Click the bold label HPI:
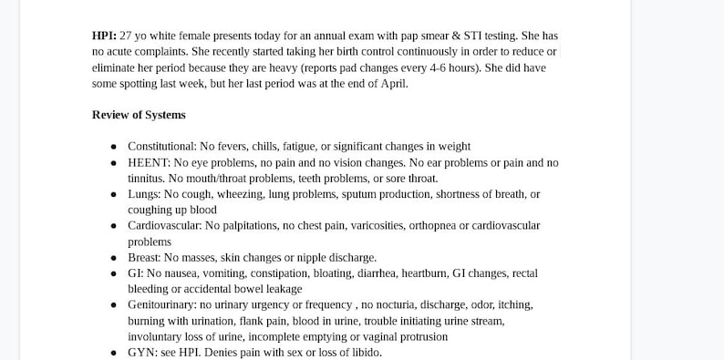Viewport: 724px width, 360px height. (x=104, y=36)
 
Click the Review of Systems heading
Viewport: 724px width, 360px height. (x=139, y=115)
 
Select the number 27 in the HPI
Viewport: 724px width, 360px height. (x=127, y=36)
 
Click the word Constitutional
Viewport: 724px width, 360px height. (x=160, y=146)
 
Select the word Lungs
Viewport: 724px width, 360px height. (x=143, y=194)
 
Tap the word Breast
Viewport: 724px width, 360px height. (x=145, y=257)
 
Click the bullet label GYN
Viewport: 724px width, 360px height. (x=140, y=352)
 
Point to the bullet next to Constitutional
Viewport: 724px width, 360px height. (x=113, y=147)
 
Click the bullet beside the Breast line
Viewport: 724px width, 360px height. (x=113, y=258)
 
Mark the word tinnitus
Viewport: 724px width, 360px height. (x=146, y=178)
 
